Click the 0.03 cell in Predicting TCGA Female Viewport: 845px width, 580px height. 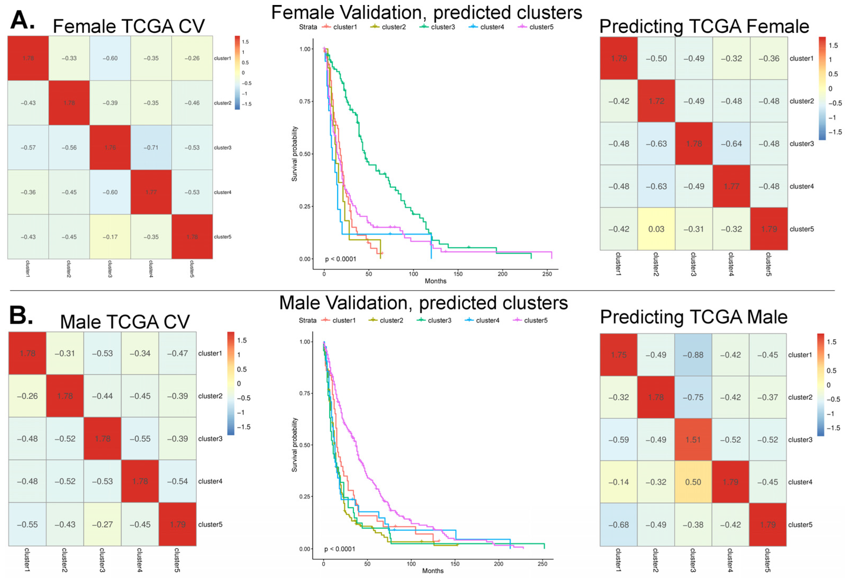656,229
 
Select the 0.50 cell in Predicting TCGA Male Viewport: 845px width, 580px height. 693,482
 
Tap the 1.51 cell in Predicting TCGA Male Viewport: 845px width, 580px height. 693,439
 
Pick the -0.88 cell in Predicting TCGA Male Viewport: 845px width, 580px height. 693,355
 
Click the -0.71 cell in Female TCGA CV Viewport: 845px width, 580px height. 151,148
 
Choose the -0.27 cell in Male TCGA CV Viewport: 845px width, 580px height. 102,524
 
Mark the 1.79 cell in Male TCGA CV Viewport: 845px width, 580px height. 177,524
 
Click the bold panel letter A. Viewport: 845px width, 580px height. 22,20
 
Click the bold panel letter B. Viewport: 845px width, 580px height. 21,315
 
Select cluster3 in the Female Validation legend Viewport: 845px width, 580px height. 443,27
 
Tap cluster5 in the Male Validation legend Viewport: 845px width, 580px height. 536,320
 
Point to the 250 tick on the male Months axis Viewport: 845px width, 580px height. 542,564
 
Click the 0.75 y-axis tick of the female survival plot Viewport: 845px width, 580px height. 305,101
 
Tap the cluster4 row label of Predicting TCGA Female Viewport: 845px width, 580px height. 801,186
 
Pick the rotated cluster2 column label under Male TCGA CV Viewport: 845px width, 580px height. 64,560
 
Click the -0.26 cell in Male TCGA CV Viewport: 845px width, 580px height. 27,396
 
